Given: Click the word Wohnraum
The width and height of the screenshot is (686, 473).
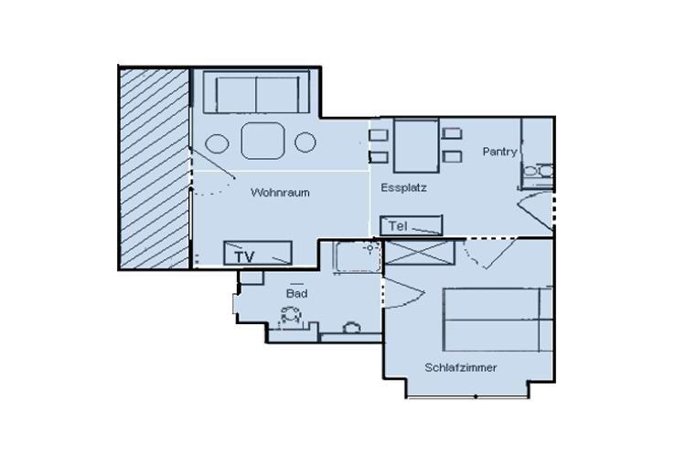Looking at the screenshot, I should [280, 193].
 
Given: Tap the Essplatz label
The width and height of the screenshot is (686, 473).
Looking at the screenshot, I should [403, 188].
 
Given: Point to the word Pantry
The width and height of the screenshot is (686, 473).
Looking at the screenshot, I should [499, 152].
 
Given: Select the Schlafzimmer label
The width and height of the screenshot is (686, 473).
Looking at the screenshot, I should [460, 368].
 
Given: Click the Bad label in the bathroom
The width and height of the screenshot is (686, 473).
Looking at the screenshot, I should [296, 293].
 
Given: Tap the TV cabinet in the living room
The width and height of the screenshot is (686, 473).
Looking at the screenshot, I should [258, 253].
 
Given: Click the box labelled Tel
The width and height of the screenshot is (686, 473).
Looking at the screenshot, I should [411, 225].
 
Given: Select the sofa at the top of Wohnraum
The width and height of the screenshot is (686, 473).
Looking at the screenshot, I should [255, 92].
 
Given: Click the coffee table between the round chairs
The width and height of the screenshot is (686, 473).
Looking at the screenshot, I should [264, 142].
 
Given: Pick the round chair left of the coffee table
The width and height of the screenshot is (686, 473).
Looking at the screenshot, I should [218, 143].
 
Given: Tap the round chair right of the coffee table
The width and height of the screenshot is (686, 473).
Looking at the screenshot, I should [305, 142].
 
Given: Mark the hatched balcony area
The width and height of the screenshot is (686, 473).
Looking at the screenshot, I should [153, 166].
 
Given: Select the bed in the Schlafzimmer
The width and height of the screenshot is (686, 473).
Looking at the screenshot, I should [498, 321].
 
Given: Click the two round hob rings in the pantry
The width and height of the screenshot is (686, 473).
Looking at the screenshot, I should [537, 170].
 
